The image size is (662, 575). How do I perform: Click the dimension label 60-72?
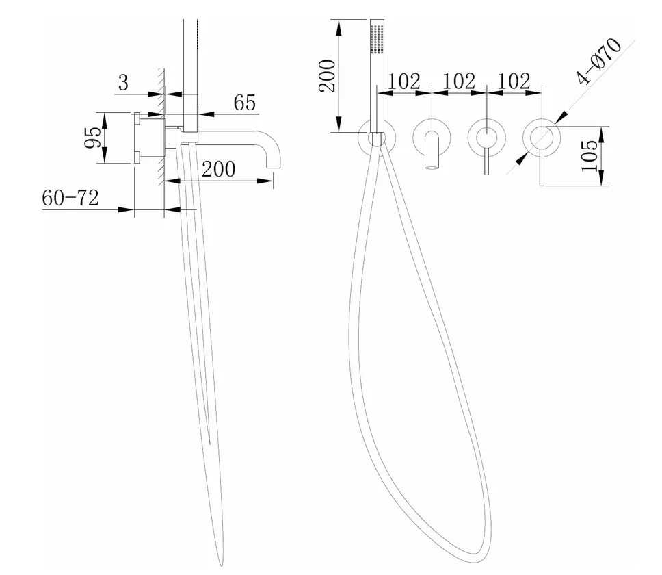pyautogui.click(x=70, y=198)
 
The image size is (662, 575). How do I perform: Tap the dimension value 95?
pyautogui.click(x=93, y=138)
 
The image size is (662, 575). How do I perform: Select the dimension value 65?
pyautogui.click(x=245, y=102)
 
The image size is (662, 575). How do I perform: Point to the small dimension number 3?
pyautogui.click(x=123, y=82)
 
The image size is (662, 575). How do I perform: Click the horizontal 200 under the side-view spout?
pyautogui.click(x=218, y=169)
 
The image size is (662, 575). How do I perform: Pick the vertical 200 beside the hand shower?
pyautogui.click(x=327, y=75)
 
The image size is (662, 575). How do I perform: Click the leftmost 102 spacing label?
pyautogui.click(x=403, y=81)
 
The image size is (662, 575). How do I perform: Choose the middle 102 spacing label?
pyautogui.click(x=459, y=81)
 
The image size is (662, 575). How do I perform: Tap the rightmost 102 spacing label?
pyautogui.click(x=514, y=81)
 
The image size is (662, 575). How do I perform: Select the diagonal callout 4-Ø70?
pyautogui.click(x=599, y=61)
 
